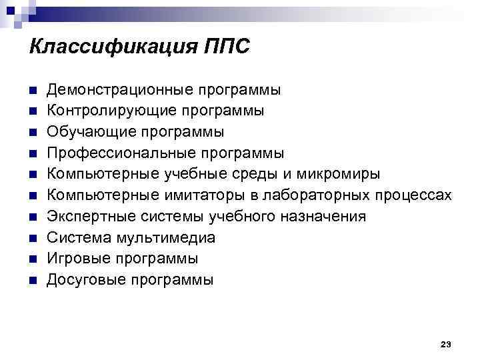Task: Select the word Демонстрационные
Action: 118,89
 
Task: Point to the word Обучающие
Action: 85,131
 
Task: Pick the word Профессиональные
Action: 119,153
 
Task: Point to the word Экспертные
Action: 88,217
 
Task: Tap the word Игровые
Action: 77,259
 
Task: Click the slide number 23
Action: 446,344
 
